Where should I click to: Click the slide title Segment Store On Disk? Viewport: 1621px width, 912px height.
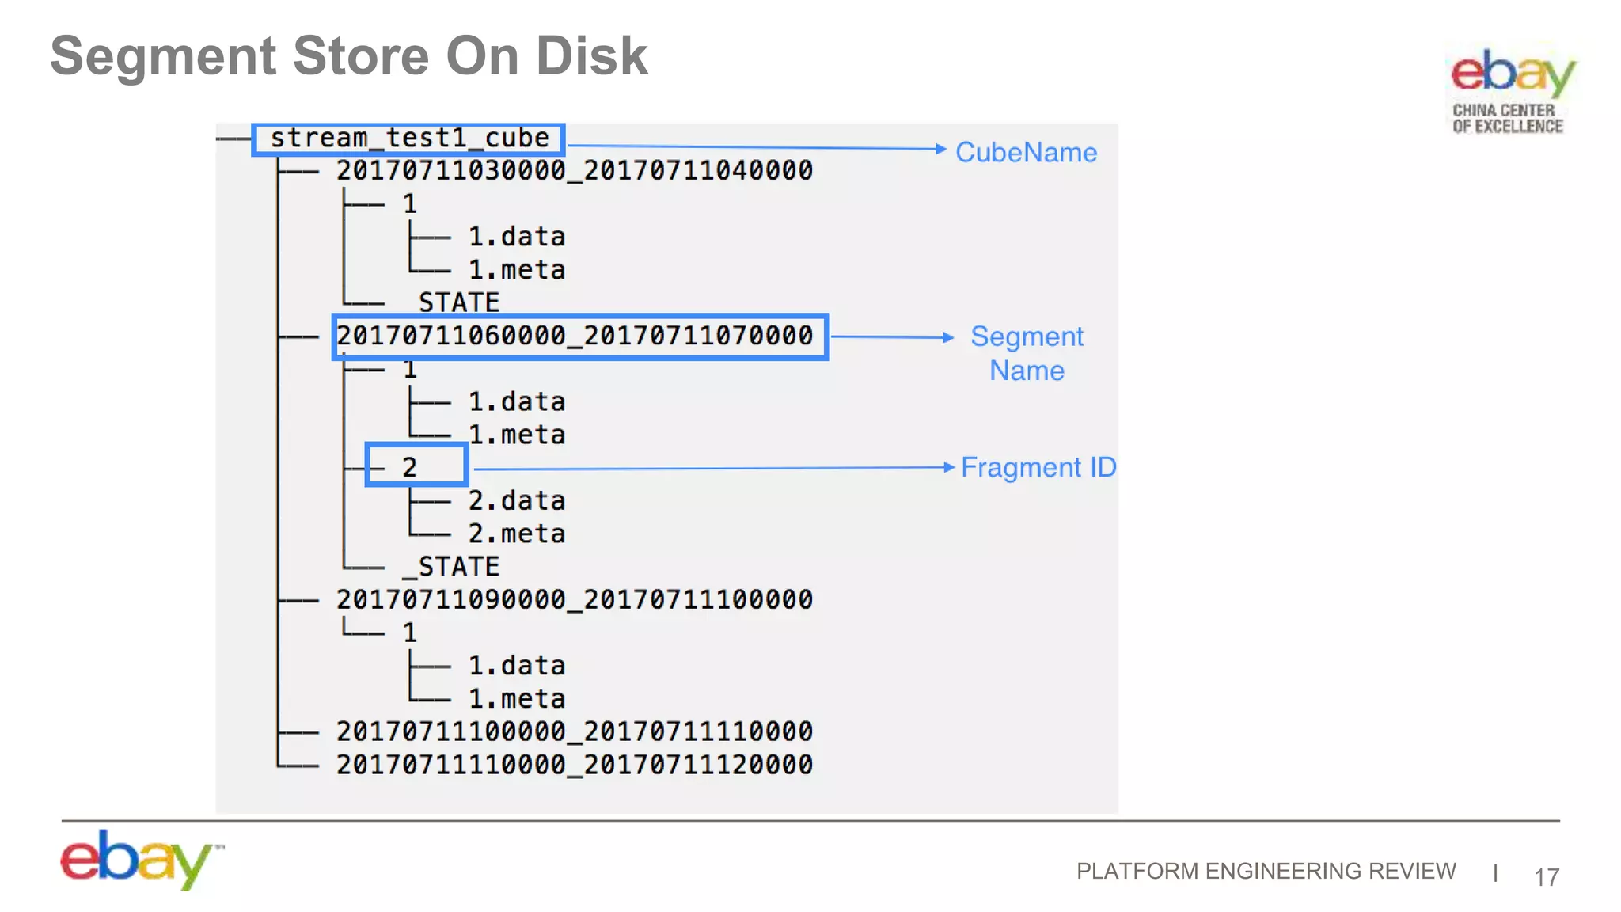[348, 57]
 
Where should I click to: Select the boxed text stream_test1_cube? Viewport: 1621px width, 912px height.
[408, 139]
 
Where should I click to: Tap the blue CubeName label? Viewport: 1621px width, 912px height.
[1026, 152]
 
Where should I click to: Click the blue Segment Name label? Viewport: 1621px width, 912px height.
[1027, 353]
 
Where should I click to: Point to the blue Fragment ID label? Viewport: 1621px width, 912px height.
[1038, 467]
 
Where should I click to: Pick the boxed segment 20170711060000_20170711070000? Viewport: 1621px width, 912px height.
[575, 336]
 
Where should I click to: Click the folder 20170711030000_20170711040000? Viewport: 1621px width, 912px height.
[575, 170]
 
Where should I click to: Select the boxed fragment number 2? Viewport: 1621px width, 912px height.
[409, 467]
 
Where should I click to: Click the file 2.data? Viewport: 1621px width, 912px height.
[516, 500]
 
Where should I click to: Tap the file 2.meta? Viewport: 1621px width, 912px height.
[516, 534]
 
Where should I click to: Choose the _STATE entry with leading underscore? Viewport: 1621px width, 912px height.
[451, 567]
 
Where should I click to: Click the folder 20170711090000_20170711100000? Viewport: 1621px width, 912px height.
[575, 599]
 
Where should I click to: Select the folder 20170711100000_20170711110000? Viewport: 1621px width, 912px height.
[575, 731]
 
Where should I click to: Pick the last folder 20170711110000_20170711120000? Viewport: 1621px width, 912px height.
[575, 765]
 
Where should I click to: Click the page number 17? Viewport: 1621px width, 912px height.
[1546, 877]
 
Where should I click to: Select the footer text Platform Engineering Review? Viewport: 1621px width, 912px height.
[1266, 871]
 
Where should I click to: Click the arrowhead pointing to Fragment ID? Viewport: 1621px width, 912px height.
[950, 467]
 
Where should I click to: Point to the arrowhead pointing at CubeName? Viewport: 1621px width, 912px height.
[940, 149]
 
